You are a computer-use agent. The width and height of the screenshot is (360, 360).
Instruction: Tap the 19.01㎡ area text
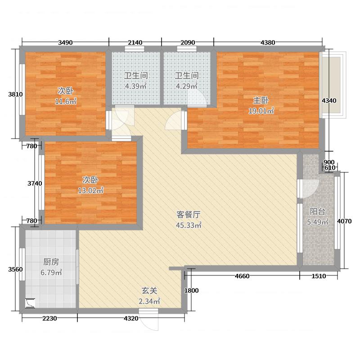tap(261, 111)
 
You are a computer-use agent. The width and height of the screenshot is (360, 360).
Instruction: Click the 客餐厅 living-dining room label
tap(188, 215)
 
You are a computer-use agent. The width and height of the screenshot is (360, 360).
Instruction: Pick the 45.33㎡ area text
tap(188, 225)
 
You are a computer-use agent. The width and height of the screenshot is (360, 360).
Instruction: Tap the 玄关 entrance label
tap(150, 291)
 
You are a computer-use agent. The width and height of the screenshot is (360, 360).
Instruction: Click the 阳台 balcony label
tap(318, 211)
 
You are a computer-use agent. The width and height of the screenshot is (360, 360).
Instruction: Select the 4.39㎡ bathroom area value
tap(135, 86)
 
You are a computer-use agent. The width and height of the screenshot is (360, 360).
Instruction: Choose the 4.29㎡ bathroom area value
tap(186, 86)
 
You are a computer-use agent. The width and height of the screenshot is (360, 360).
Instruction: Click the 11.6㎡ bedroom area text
tap(66, 101)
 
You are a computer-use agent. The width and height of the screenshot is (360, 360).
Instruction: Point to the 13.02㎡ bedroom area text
tap(90, 190)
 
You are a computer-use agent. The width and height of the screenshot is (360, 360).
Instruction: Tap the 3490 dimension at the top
tap(66, 43)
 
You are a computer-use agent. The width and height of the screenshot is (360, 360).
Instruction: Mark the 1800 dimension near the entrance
tap(191, 291)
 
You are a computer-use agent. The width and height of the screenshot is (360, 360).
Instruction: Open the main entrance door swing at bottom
tap(149, 321)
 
